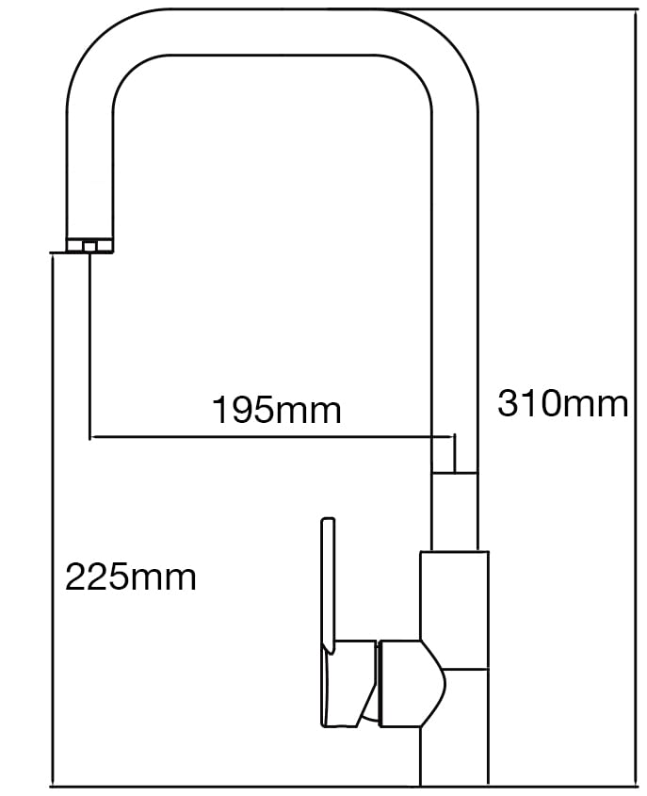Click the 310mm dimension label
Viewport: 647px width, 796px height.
[563, 404]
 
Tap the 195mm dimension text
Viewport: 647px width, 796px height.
[277, 410]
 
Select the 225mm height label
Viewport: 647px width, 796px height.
[130, 577]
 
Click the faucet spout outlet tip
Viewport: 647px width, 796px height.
[89, 245]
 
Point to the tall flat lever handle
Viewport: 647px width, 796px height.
[329, 584]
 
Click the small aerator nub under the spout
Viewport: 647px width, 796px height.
[89, 247]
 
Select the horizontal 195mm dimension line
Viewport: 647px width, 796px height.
[272, 436]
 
